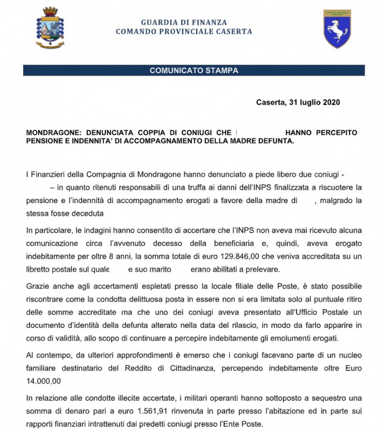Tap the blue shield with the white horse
337,29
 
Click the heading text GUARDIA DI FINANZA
184,23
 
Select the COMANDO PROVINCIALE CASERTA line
184,32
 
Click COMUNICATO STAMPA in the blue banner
193,70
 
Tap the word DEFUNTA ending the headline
276,141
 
